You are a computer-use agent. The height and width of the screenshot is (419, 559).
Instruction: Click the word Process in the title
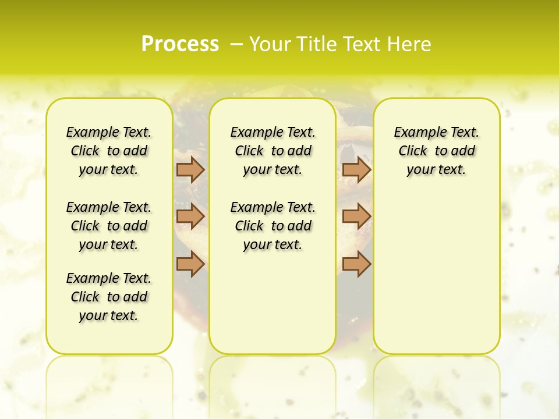(x=180, y=44)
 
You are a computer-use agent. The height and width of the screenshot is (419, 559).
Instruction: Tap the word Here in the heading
(x=410, y=44)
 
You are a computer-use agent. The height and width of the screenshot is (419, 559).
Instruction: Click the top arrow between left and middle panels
(x=190, y=169)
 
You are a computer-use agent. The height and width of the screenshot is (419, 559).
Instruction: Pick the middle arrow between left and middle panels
(x=190, y=216)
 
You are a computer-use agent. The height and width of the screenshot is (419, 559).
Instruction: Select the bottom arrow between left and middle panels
(x=190, y=264)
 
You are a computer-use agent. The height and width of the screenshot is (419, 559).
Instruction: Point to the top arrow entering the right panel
(x=356, y=169)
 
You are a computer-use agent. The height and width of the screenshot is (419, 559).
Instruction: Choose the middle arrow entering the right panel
(x=356, y=216)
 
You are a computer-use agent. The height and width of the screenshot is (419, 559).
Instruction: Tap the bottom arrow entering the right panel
(x=356, y=264)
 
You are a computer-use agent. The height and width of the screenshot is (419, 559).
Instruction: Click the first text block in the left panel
(x=109, y=151)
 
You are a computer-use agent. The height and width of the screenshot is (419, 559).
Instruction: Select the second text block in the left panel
(x=109, y=226)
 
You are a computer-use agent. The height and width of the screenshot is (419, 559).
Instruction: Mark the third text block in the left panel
(x=109, y=297)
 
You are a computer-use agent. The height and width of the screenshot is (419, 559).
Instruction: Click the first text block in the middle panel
(x=273, y=151)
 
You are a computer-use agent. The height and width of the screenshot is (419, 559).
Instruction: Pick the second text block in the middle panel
(x=273, y=226)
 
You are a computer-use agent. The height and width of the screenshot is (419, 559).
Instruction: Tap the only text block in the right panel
(x=437, y=151)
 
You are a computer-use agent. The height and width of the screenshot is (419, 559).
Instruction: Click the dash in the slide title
(x=237, y=44)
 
